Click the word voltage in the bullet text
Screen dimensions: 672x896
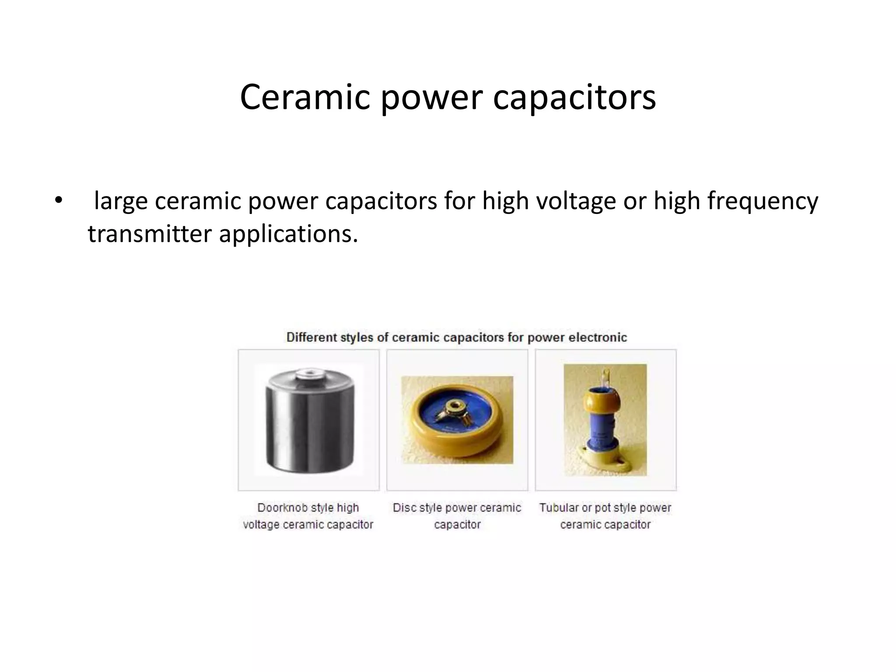[x=576, y=201]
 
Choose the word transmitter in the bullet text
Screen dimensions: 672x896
[x=150, y=234]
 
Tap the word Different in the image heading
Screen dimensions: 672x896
[x=312, y=337]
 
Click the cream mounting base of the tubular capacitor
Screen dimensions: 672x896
[x=605, y=458]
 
